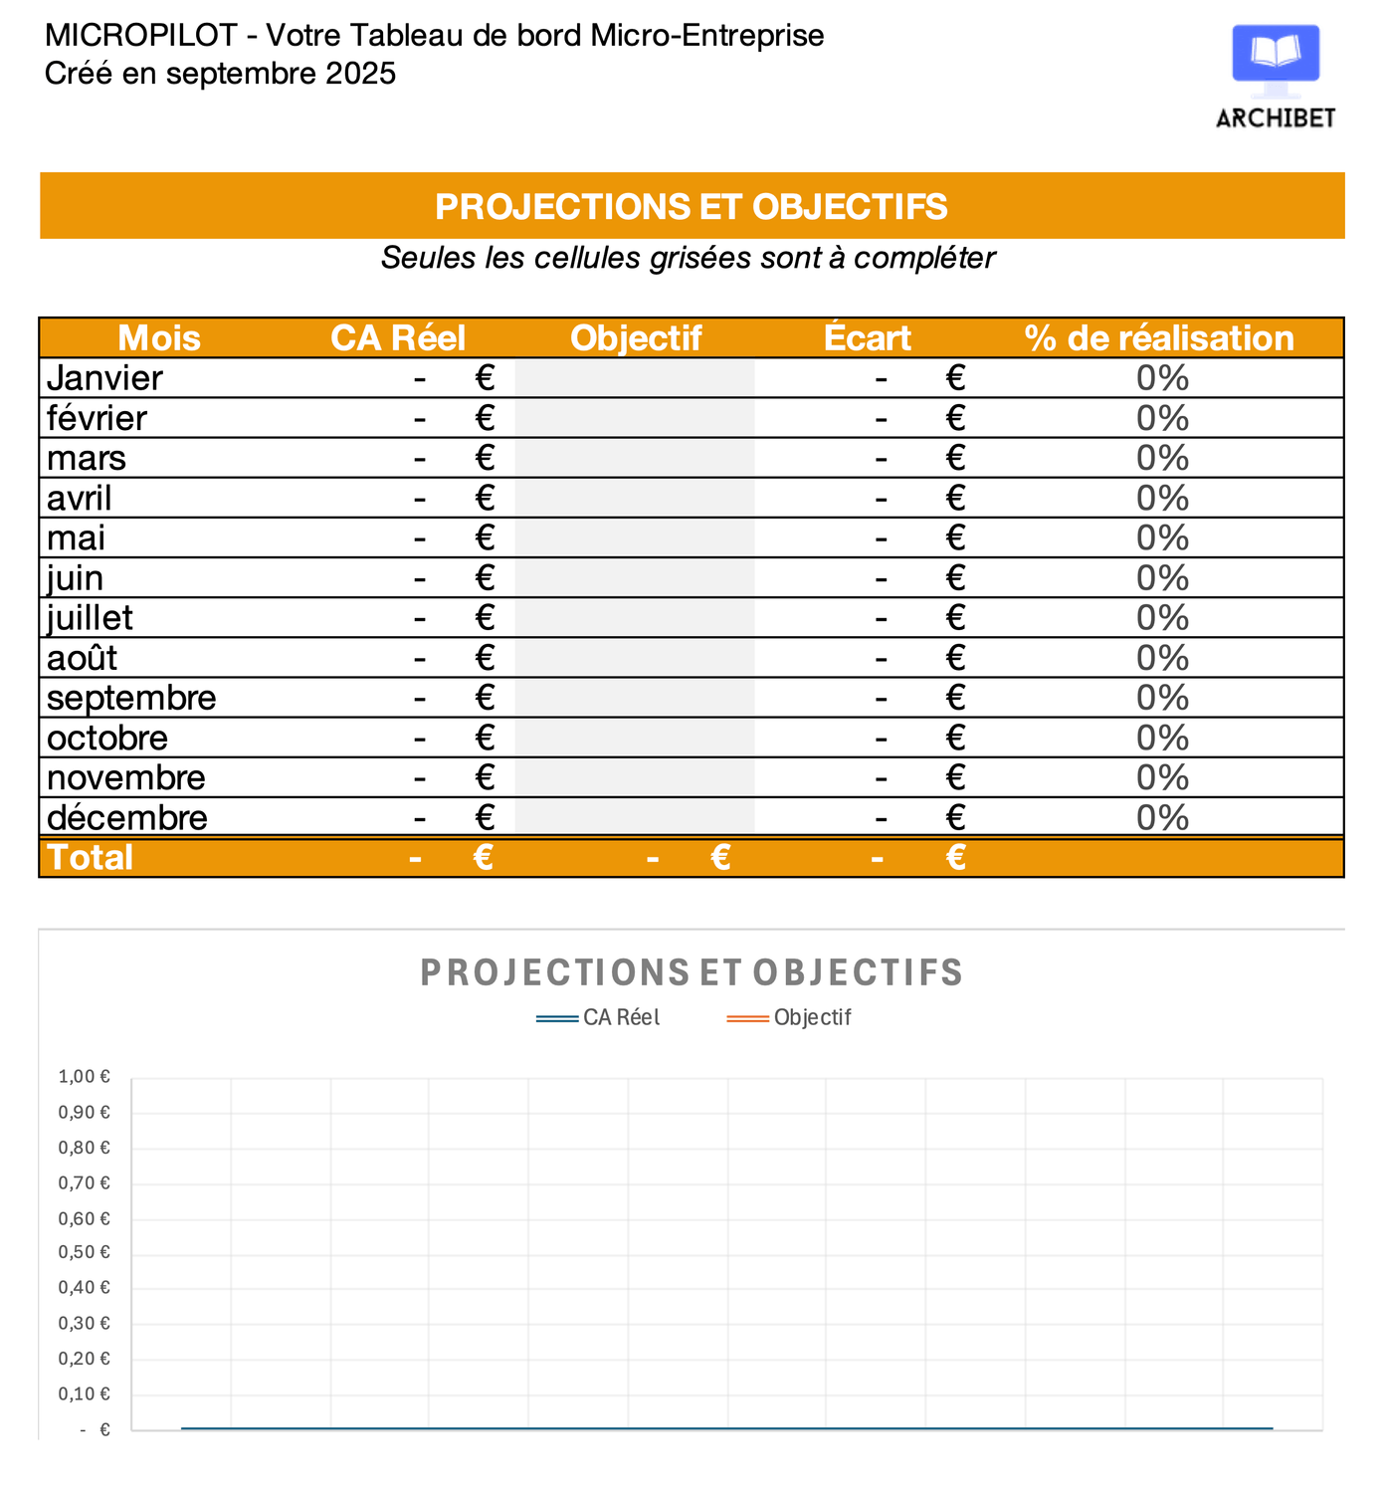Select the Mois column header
(x=159, y=338)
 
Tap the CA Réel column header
(x=398, y=338)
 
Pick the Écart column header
(x=867, y=338)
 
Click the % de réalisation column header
(x=1159, y=338)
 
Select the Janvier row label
(x=104, y=378)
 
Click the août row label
(x=83, y=658)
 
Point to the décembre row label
(x=127, y=817)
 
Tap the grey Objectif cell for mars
(x=635, y=458)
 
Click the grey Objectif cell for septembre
(x=635, y=698)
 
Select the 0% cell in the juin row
(x=1162, y=578)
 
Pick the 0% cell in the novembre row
(x=1162, y=777)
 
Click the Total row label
(x=90, y=857)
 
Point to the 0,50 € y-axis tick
(x=85, y=1252)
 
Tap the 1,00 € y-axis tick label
(x=85, y=1076)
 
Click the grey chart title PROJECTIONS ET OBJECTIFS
(x=692, y=972)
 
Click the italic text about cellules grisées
(x=688, y=258)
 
